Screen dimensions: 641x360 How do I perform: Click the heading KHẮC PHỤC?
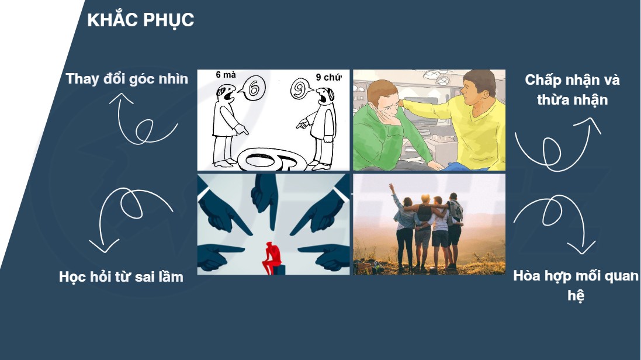141,20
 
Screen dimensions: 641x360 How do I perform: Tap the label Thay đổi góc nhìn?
127,78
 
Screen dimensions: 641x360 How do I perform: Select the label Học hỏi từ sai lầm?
121,277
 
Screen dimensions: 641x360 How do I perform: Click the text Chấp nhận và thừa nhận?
572,89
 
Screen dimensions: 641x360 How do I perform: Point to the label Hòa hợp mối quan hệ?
576,286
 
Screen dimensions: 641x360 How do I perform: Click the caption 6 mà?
226,75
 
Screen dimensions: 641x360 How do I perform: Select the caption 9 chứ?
328,77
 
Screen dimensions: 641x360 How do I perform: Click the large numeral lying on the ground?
272,160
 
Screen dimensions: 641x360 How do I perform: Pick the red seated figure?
272,258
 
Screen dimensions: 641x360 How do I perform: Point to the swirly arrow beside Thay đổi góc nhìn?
139,123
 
